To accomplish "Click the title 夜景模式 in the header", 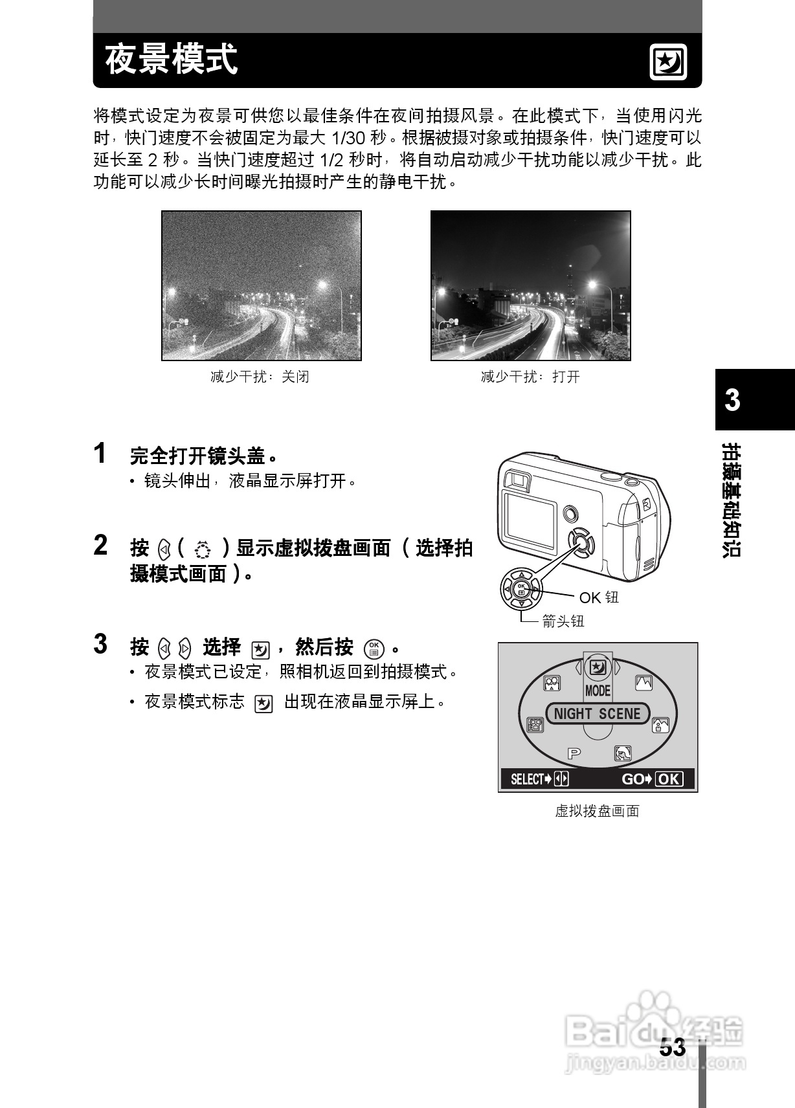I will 172,60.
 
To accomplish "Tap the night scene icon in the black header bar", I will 667,63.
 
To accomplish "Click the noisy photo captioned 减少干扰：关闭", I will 262,285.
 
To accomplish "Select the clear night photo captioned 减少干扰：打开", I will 530,285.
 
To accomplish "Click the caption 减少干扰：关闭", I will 260,377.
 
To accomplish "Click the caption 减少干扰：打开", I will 530,377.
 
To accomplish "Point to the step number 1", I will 100,454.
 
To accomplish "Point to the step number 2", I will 100,546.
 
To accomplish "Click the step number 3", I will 100,644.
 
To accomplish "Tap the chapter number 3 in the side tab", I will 732,400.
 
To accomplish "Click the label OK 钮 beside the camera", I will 598,597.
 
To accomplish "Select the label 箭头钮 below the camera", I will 563,621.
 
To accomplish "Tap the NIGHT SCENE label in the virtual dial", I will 597,714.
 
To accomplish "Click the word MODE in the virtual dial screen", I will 598,691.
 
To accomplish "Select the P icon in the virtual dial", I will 574,753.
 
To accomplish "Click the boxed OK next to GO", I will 669,779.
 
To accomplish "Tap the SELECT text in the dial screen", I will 528,779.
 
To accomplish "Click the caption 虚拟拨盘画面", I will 597,811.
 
